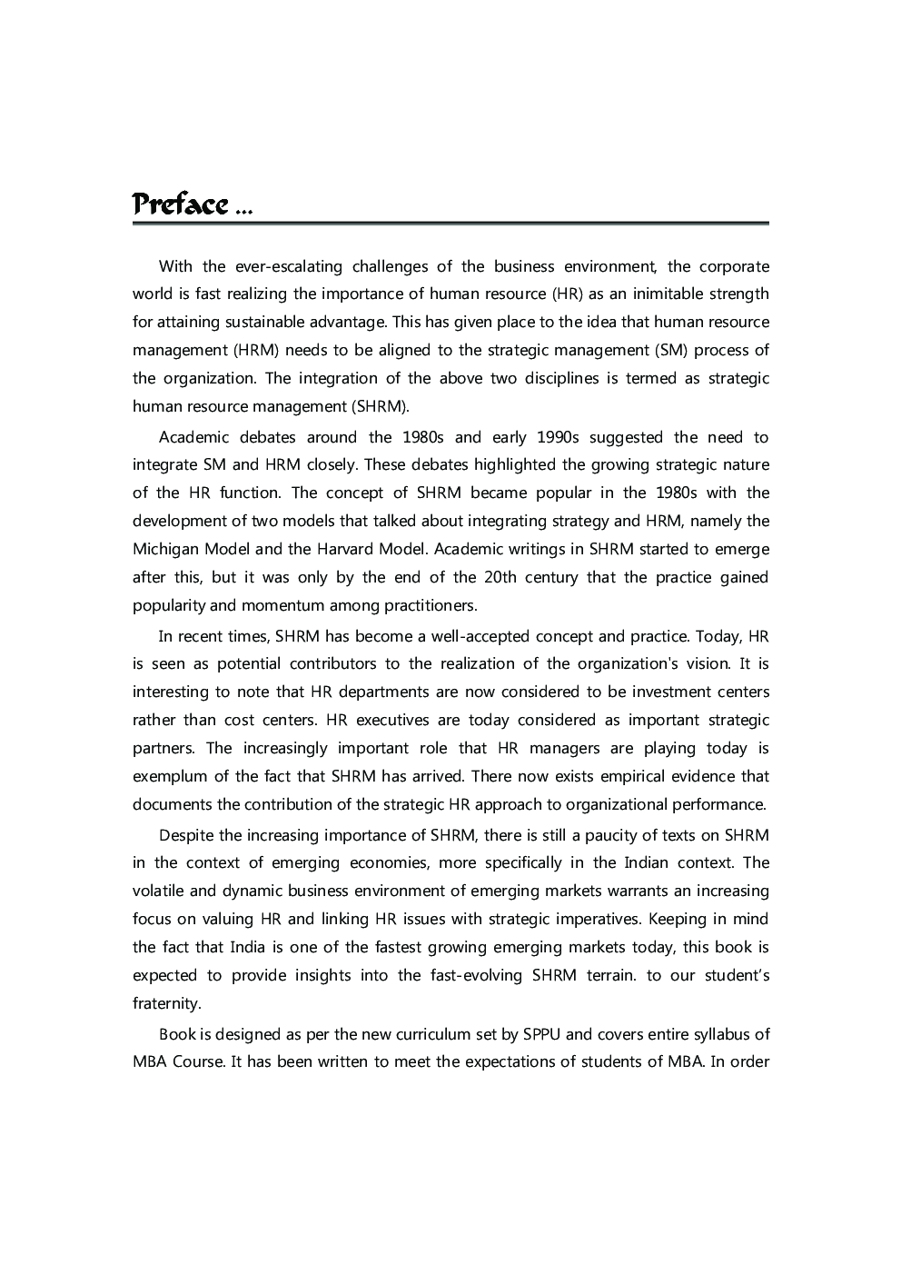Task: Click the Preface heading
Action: [x=180, y=204]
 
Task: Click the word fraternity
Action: [x=166, y=1003]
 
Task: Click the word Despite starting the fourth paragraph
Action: [x=186, y=835]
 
